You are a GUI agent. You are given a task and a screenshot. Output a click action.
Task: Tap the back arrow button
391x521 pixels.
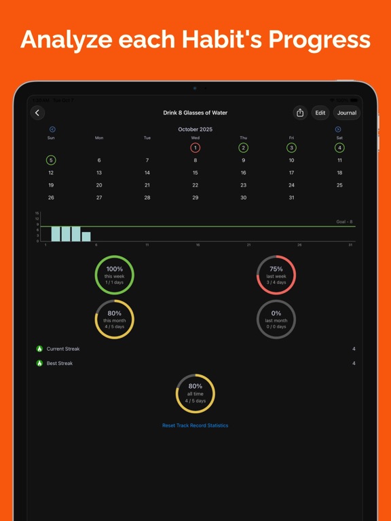pyautogui.click(x=37, y=113)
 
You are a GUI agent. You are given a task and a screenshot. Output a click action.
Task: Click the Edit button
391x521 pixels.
pyautogui.click(x=320, y=113)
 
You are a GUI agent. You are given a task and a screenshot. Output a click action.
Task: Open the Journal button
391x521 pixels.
pyautogui.click(x=346, y=113)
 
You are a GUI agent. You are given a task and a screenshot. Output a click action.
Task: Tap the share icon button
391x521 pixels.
pyautogui.click(x=300, y=113)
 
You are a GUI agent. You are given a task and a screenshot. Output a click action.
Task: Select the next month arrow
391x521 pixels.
pyautogui.click(x=338, y=129)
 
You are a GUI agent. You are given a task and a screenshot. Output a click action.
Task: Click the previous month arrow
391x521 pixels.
pyautogui.click(x=52, y=129)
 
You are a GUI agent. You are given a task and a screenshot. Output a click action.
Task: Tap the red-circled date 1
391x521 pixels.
pyautogui.click(x=195, y=148)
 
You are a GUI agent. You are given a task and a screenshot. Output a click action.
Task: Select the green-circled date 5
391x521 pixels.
pyautogui.click(x=51, y=161)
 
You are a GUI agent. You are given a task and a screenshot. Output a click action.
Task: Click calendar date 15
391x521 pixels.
pyautogui.click(x=195, y=173)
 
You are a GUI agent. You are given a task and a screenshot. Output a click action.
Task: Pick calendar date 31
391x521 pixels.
pyautogui.click(x=291, y=197)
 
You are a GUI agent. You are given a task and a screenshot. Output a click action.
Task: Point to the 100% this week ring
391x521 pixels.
pyautogui.click(x=114, y=275)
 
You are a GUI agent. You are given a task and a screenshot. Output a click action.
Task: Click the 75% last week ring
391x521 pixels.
pyautogui.click(x=276, y=275)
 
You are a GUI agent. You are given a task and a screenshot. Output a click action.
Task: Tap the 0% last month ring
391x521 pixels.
pyautogui.click(x=276, y=319)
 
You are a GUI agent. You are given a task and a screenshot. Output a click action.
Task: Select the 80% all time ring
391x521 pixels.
pyautogui.click(x=195, y=393)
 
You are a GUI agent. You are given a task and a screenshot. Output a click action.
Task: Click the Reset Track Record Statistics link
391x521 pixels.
pyautogui.click(x=195, y=425)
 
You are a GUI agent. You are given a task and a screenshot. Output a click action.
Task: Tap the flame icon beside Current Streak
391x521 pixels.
pyautogui.click(x=39, y=349)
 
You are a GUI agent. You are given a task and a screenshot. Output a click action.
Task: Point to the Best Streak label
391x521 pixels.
pyautogui.click(x=60, y=364)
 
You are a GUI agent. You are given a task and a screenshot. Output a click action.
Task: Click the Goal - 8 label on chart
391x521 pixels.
pyautogui.click(x=344, y=222)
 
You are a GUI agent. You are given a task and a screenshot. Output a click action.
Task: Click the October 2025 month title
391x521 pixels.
pyautogui.click(x=195, y=129)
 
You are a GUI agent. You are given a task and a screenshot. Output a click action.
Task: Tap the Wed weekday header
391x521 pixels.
pyautogui.click(x=195, y=138)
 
